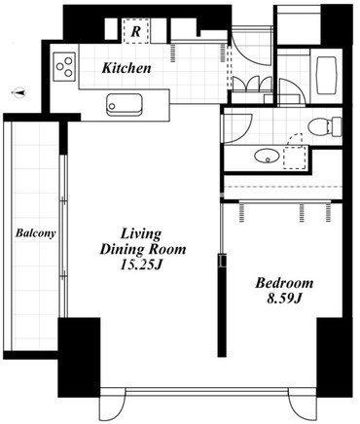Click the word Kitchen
point(126,68)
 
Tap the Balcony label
point(36,233)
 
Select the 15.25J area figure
point(140,265)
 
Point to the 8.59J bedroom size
point(284,299)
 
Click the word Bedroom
point(284,283)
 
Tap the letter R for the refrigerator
point(136,31)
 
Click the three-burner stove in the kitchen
point(64,67)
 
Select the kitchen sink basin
point(124,105)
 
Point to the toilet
point(324,126)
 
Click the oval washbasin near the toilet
point(267,157)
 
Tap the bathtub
point(326,76)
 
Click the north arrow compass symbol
point(18,93)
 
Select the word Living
point(141,234)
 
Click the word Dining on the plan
point(122,250)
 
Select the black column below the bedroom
point(330,357)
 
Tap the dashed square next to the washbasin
point(295,158)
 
